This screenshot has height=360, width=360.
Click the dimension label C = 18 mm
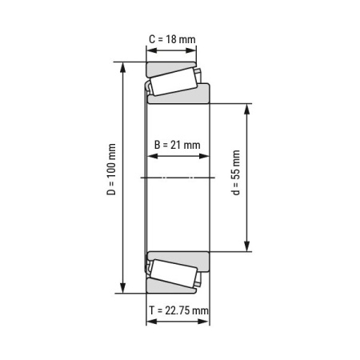point(171,38)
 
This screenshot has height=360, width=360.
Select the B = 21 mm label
point(177,145)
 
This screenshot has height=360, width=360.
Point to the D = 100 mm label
point(111,177)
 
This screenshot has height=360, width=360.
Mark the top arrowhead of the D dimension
point(123,66)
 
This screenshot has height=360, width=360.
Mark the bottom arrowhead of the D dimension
point(123,290)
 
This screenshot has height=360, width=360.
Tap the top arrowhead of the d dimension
point(246,106)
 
